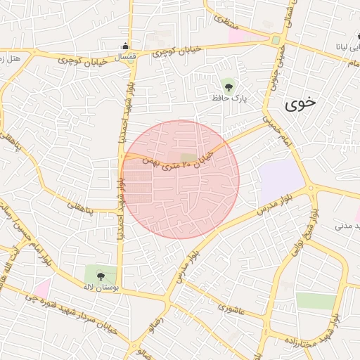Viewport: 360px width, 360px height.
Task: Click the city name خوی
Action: (x=301, y=103)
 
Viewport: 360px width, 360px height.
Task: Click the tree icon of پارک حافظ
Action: (x=229, y=86)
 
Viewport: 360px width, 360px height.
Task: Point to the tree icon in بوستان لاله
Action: (x=101, y=276)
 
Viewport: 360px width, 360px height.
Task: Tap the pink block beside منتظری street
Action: (x=243, y=34)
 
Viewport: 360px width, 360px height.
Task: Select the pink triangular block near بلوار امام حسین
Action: (x=42, y=287)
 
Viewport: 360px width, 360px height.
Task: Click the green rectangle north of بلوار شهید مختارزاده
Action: (x=316, y=301)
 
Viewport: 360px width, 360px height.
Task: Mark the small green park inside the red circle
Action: (x=188, y=157)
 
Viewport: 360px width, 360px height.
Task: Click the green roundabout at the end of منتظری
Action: (x=276, y=40)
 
